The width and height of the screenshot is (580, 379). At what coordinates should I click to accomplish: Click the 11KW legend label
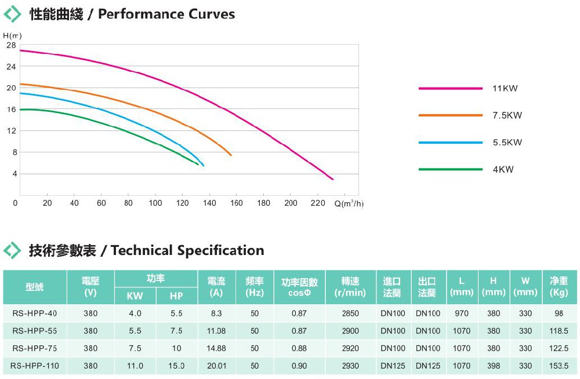[x=505, y=89]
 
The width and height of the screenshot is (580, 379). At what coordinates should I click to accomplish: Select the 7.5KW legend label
[x=507, y=115]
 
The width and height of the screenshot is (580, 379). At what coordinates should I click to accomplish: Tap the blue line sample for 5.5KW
[x=450, y=143]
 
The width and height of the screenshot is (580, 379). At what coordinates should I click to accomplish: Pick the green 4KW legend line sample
[x=450, y=169]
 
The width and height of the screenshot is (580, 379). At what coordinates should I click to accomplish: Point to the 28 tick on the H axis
[x=11, y=45]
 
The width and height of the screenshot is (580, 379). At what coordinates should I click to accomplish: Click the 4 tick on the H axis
[x=13, y=174]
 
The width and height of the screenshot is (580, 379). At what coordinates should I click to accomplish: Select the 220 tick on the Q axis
[x=318, y=203]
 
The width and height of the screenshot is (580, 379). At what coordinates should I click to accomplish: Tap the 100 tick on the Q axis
[x=155, y=203]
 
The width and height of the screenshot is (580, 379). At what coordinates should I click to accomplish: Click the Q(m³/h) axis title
[x=349, y=203]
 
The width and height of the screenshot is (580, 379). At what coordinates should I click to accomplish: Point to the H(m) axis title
[x=12, y=36]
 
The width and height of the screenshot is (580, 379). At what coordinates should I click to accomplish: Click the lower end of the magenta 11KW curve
[x=332, y=179]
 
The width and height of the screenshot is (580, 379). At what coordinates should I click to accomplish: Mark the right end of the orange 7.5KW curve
[x=231, y=155]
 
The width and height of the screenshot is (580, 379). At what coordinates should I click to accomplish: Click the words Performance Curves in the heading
[x=166, y=14]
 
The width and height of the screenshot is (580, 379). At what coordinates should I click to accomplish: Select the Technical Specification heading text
[x=187, y=250]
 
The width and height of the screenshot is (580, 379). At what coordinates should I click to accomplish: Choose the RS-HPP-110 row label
[x=35, y=366]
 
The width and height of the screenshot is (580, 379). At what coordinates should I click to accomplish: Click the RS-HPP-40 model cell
[x=35, y=314]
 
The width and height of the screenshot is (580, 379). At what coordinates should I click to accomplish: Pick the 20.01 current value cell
[x=216, y=366]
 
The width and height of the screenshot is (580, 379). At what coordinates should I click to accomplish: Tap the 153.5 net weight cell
[x=559, y=366]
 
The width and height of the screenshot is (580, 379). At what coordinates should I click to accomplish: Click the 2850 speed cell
[x=350, y=314]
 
